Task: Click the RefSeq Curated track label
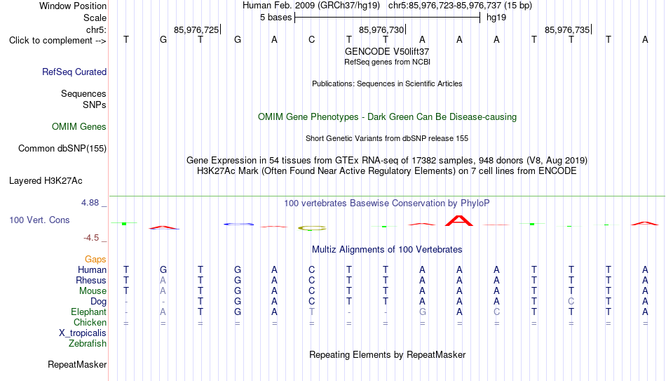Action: (x=74, y=72)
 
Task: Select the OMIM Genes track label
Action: (x=79, y=127)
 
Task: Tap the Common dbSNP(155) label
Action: (x=62, y=149)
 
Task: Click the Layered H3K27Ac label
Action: (x=46, y=181)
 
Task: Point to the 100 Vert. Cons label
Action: (x=39, y=220)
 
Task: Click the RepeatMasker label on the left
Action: (x=77, y=364)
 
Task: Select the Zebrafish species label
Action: (x=88, y=344)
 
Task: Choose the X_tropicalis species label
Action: (x=83, y=333)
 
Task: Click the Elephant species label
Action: (x=89, y=312)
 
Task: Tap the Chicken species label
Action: (x=90, y=322)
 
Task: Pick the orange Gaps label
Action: (x=95, y=260)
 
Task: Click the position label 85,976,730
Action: (x=381, y=29)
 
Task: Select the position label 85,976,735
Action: (x=567, y=29)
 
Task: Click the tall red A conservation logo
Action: (x=458, y=221)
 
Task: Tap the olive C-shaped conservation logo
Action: (x=312, y=228)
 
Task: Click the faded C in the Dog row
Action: (x=571, y=302)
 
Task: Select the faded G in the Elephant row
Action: (x=422, y=312)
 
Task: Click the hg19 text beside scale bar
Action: (x=496, y=18)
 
